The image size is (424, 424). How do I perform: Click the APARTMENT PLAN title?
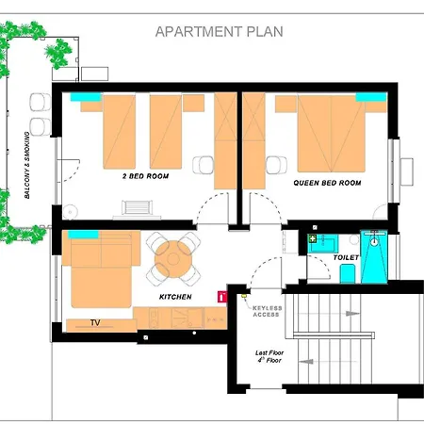[220, 32]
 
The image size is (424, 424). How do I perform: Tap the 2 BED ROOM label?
[145, 176]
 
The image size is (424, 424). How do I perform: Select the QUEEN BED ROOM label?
[327, 183]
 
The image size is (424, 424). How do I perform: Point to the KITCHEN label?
[175, 297]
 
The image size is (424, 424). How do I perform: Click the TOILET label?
[346, 257]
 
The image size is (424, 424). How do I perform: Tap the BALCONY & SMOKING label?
[27, 165]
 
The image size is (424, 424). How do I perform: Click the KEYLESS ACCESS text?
[268, 311]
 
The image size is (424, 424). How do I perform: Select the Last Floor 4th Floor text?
[269, 356]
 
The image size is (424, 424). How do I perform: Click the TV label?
[95, 322]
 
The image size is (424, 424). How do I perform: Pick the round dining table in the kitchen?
[173, 259]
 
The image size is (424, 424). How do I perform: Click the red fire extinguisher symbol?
[222, 297]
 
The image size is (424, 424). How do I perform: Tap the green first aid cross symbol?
[313, 238]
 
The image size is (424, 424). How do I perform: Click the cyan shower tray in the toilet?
[374, 257]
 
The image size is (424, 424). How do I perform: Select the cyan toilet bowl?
[348, 273]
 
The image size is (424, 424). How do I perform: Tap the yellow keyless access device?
[244, 296]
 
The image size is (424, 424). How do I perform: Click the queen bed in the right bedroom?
[331, 134]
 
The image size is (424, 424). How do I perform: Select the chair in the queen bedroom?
[276, 165]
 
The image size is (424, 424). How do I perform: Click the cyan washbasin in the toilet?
[323, 243]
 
